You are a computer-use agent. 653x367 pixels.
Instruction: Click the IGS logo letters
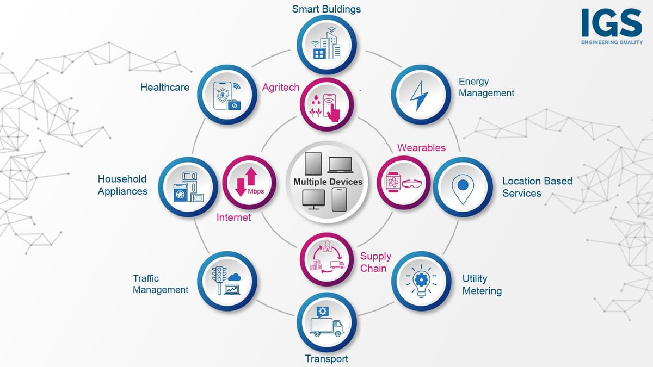tap(612, 23)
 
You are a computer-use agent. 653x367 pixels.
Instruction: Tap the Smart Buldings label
tap(326, 9)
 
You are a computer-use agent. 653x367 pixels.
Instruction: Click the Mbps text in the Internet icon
tap(256, 191)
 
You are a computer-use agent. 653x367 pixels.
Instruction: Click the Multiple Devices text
tap(328, 182)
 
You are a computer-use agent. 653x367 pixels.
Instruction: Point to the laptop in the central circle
tap(341, 164)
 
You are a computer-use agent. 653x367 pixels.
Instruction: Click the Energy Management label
tap(486, 87)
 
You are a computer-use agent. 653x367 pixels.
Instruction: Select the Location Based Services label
tap(537, 187)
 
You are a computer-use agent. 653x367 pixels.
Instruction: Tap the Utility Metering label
tap(482, 284)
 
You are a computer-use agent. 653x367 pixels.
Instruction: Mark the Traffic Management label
tap(161, 284)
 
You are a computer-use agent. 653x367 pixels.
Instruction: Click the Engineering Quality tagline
tap(612, 42)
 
